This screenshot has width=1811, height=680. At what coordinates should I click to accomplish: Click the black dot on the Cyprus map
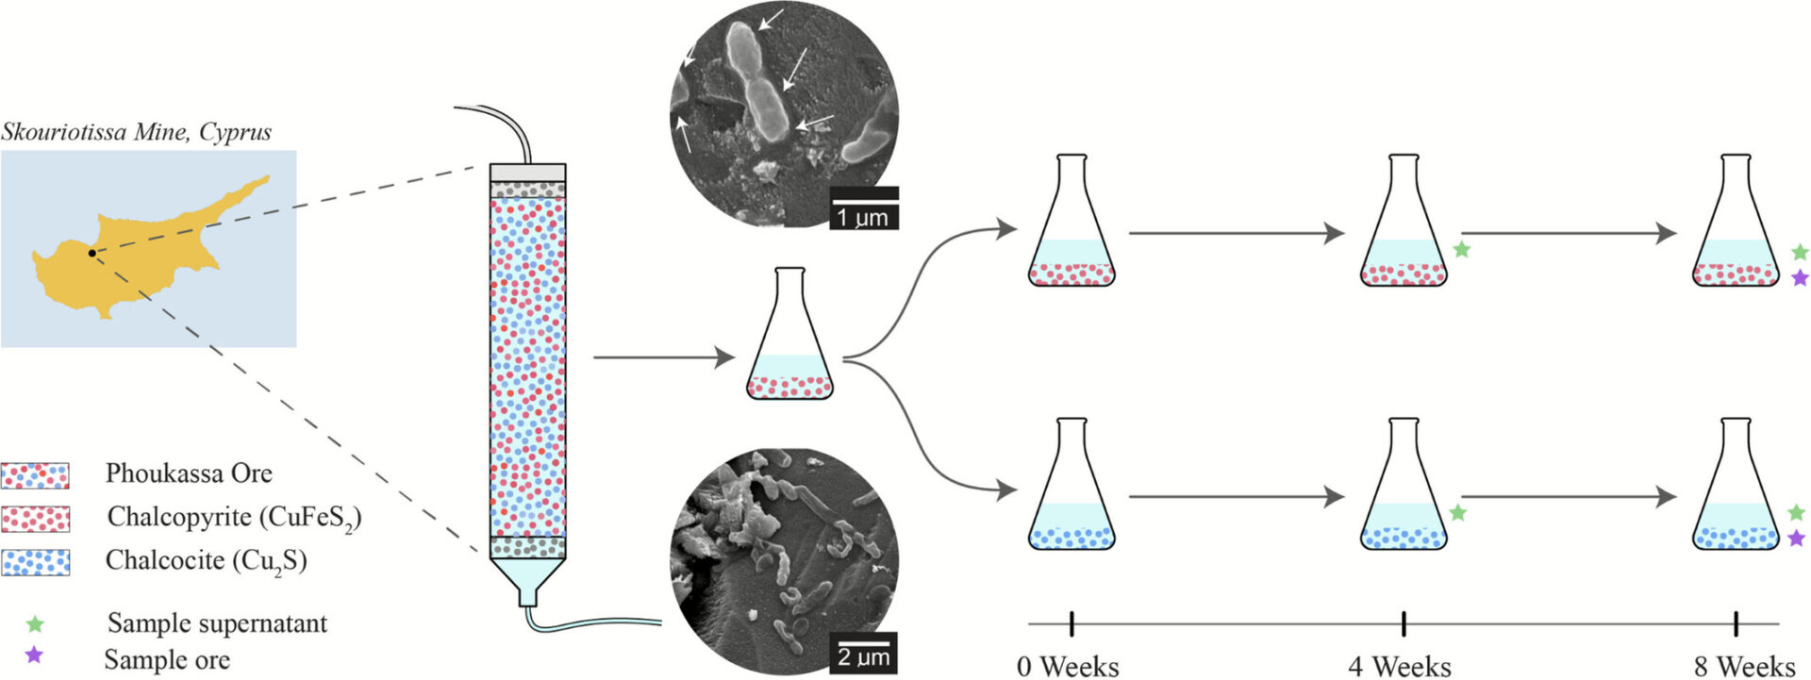tap(91, 253)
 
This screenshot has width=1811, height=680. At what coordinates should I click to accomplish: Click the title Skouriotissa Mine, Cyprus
tap(136, 132)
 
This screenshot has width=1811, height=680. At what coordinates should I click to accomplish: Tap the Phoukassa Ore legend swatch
tap(35, 475)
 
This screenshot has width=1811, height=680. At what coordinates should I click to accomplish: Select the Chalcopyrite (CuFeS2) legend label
tap(234, 518)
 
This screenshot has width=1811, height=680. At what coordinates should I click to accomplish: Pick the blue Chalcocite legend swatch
tap(35, 563)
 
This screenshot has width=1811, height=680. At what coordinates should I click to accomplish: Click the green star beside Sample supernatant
tap(35, 623)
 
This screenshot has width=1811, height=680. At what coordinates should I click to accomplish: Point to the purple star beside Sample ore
tap(34, 655)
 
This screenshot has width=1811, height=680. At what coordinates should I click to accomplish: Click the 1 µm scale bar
tap(864, 209)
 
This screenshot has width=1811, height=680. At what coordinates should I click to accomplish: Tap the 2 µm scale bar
tap(864, 653)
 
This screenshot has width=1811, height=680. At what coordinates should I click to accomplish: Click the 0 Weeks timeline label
tap(1068, 667)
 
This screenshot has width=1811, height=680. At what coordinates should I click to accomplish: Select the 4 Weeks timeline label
tap(1400, 667)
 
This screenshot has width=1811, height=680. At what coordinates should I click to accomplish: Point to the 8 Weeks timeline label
tap(1744, 667)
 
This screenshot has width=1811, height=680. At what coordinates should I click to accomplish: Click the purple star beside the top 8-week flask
tap(1800, 278)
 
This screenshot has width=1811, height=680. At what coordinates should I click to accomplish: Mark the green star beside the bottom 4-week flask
tap(1458, 513)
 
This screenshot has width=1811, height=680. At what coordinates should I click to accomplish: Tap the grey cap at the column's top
tap(527, 173)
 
